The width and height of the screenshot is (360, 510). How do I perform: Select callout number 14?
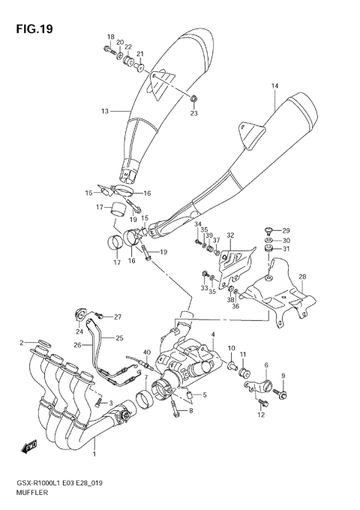pos(274,87)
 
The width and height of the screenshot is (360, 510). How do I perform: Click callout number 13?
pos(105,111)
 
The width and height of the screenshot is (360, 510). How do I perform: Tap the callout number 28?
pos(302,277)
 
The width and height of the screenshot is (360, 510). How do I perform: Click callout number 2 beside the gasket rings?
pos(22,342)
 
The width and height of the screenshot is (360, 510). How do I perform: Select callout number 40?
pos(147,352)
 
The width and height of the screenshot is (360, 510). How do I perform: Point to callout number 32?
pos(230,235)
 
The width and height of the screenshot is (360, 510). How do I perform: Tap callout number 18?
pos(110,37)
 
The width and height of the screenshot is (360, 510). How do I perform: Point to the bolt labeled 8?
pos(176,409)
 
